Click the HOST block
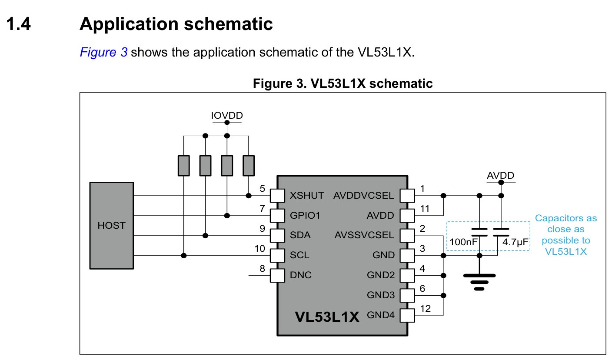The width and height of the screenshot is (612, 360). (x=111, y=226)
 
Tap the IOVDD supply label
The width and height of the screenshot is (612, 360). (x=227, y=115)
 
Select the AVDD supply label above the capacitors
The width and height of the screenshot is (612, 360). (x=501, y=175)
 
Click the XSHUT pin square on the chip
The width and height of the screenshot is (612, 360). (x=277, y=196)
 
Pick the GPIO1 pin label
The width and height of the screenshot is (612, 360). (x=305, y=215)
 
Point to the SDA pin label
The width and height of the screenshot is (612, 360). (x=300, y=235)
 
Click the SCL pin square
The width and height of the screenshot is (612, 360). (x=277, y=255)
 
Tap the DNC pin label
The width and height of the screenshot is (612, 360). (x=300, y=275)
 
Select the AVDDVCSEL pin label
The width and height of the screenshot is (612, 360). (x=364, y=196)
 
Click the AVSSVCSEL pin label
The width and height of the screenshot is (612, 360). (x=364, y=235)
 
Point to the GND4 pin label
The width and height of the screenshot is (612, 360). (x=381, y=315)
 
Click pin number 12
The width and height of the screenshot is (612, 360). (x=426, y=309)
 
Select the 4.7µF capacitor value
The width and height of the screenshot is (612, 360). (x=515, y=242)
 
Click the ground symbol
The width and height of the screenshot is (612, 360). (x=479, y=282)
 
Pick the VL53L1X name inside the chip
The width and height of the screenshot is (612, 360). (x=327, y=317)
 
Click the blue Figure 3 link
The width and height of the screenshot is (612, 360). (x=103, y=52)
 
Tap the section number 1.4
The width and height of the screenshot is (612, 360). (x=19, y=24)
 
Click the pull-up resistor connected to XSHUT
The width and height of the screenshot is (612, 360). (x=249, y=166)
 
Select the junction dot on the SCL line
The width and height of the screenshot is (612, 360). (x=184, y=256)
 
